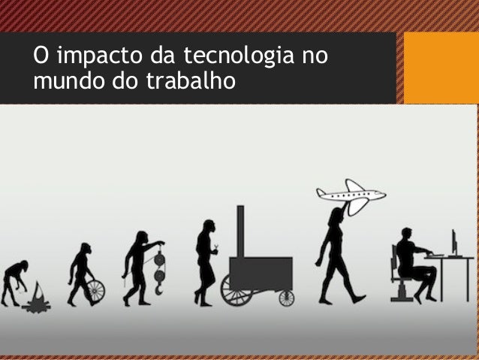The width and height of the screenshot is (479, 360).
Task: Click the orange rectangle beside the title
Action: click(x=441, y=67)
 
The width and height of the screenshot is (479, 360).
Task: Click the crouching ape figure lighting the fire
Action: click(x=14, y=280)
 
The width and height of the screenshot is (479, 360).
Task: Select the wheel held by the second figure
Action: click(x=95, y=290)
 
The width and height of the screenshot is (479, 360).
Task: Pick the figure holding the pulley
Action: click(x=136, y=266)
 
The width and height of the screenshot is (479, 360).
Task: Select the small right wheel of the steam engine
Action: click(x=286, y=298)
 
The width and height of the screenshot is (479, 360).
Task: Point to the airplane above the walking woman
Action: click(x=351, y=195)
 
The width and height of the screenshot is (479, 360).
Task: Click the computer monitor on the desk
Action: click(x=453, y=243)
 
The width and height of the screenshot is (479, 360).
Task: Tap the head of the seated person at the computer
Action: click(x=406, y=234)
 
